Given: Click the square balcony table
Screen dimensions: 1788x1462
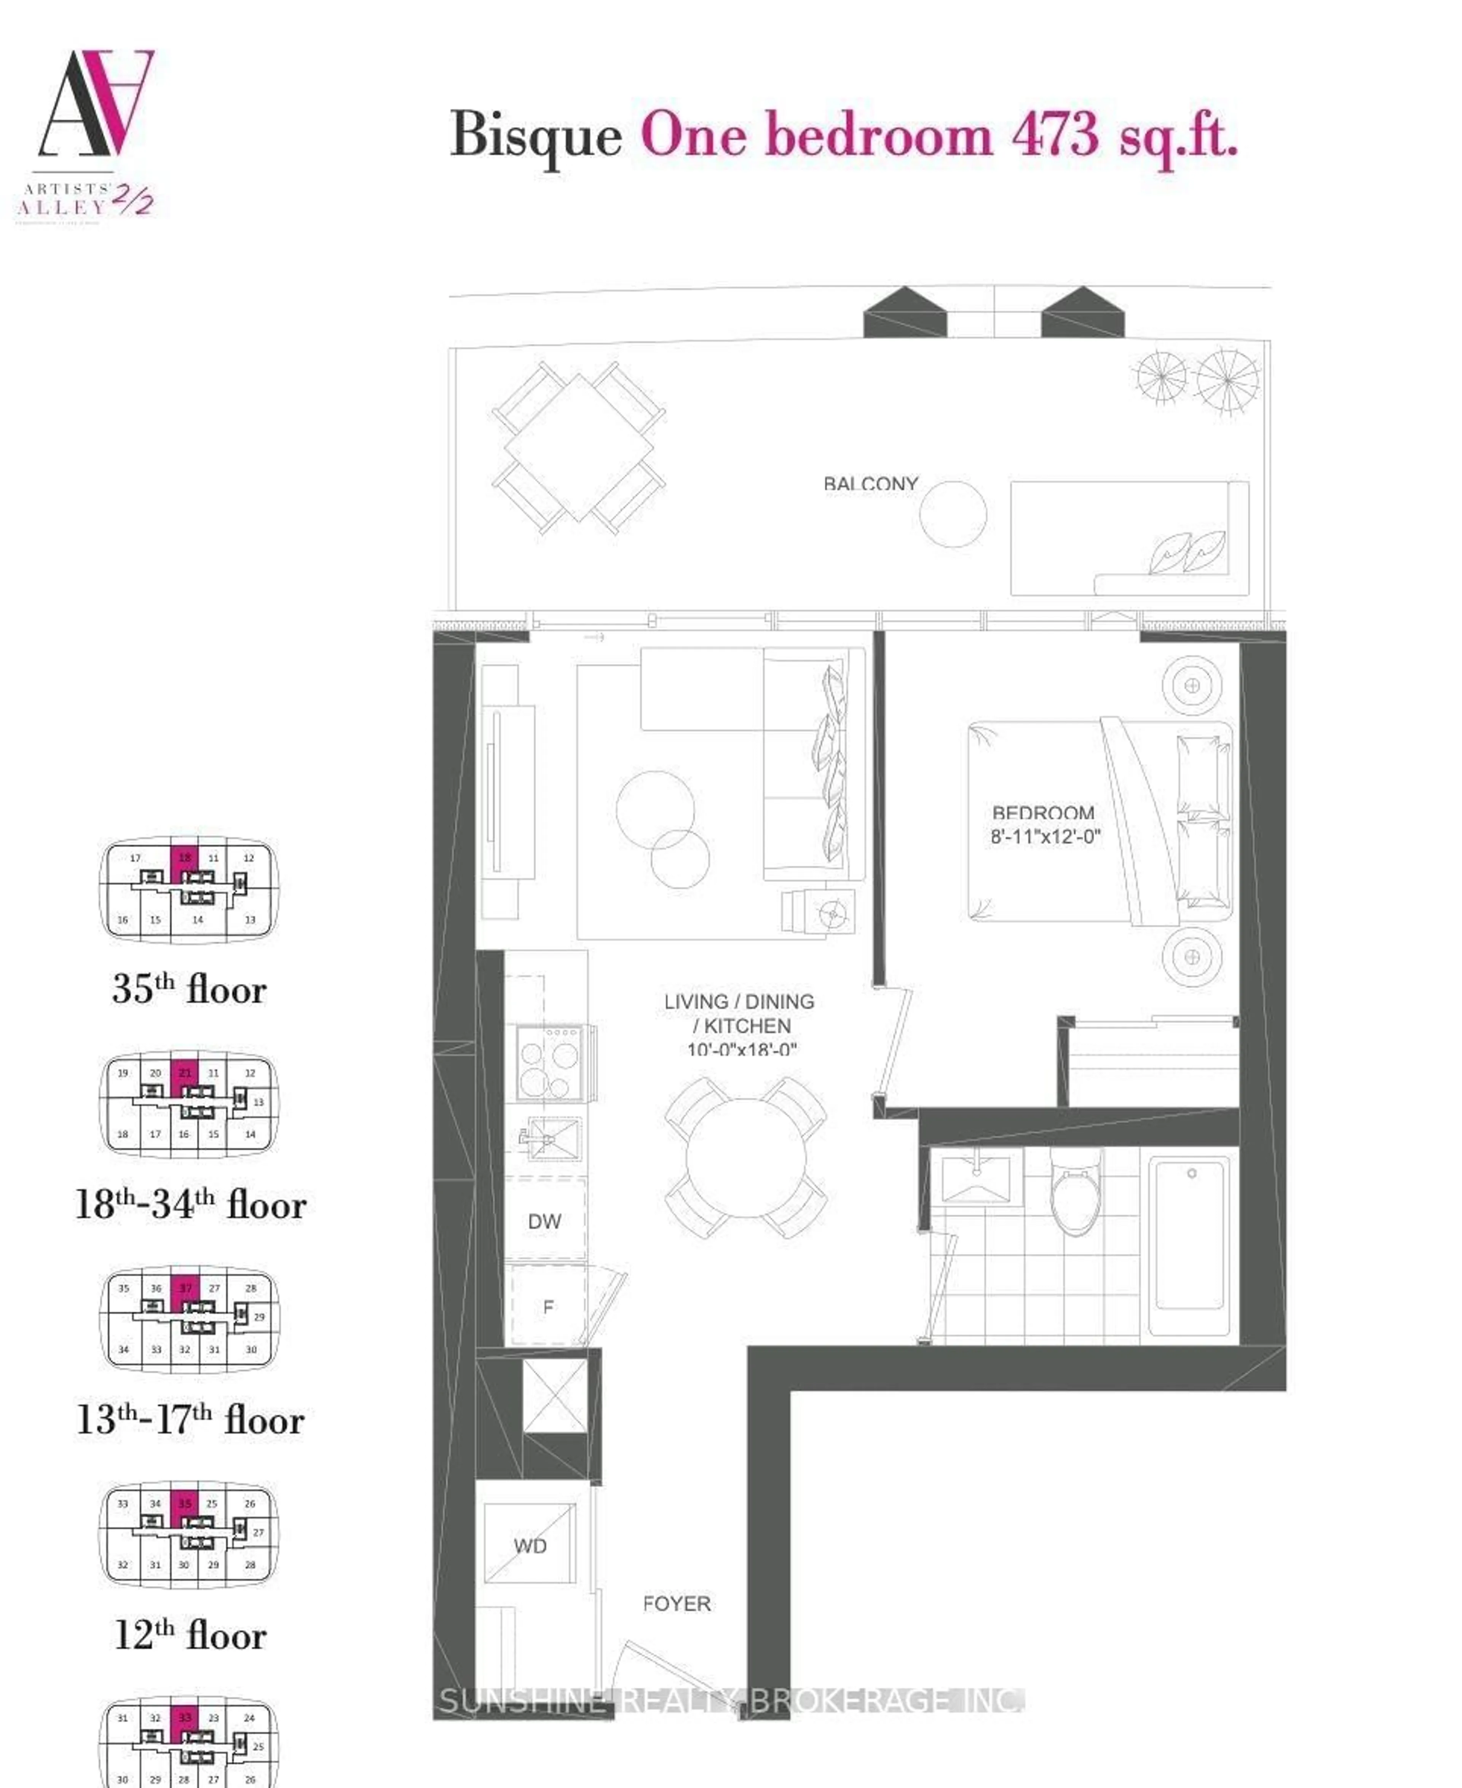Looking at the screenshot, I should pyautogui.click(x=579, y=446).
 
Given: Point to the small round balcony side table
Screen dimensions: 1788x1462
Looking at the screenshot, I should pyautogui.click(x=953, y=514).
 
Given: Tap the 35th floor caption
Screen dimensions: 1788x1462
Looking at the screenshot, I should pyautogui.click(x=190, y=990).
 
